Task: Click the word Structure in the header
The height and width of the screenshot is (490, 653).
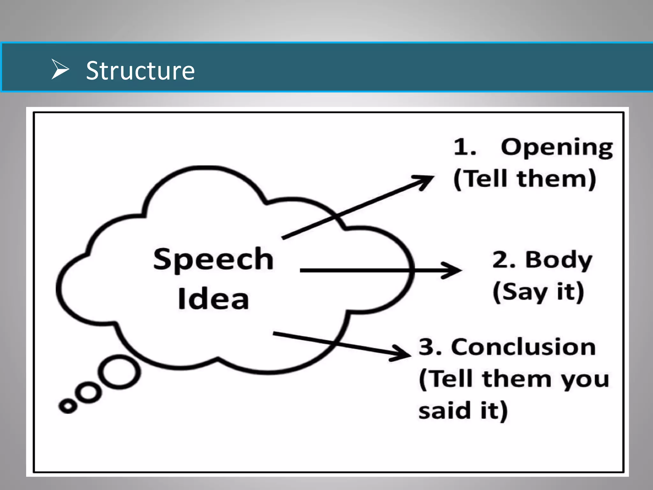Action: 140,71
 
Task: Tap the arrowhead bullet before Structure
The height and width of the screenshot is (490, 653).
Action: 60,69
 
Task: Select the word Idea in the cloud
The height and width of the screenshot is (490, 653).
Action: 213,299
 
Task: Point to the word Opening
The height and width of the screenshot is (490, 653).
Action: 557,148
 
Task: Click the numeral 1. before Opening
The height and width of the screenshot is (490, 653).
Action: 465,147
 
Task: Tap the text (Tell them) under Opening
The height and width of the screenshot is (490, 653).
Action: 525,179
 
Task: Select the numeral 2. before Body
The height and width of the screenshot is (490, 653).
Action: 503,260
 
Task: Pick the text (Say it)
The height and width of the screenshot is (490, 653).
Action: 538,292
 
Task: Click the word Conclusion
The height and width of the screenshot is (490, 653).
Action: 523,347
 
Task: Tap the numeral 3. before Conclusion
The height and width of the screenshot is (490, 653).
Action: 430,347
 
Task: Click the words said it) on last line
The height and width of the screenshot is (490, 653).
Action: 463,411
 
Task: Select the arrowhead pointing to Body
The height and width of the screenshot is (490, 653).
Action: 453,271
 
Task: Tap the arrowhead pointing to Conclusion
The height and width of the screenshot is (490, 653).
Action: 402,353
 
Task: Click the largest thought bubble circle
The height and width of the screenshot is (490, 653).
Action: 119,372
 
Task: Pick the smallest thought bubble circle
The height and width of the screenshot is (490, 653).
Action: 68,406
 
